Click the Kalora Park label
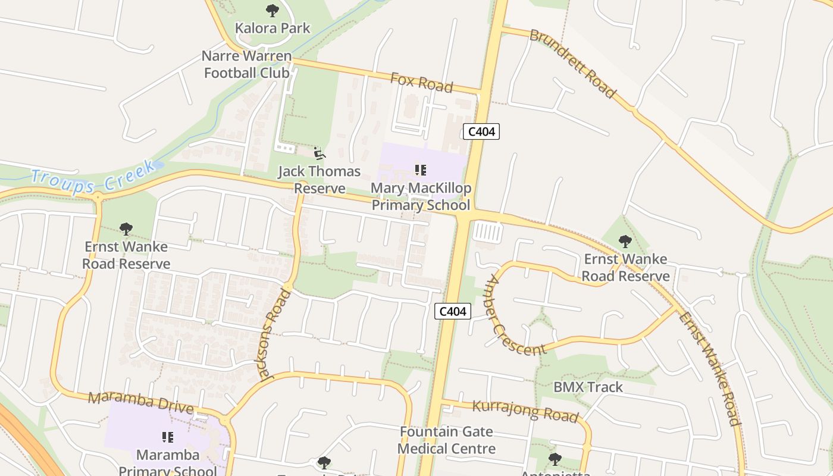pos(273,28)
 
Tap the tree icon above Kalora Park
pos(273,10)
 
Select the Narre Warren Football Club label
pos(246,64)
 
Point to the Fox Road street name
pos(421,82)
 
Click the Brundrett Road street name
pos(572,63)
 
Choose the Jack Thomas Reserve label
pos(320,180)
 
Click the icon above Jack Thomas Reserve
pos(320,154)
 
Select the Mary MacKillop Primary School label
pos(421,197)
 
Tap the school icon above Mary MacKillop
pos(421,171)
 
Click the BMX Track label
pos(588,387)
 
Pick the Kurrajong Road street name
pos(525,411)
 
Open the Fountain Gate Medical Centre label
pos(446,440)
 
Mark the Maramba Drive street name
pos(140,403)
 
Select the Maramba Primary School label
pos(168,463)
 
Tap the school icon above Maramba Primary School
pos(168,438)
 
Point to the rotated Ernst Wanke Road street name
pos(710,369)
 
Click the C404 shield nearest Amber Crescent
pos(453,311)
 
